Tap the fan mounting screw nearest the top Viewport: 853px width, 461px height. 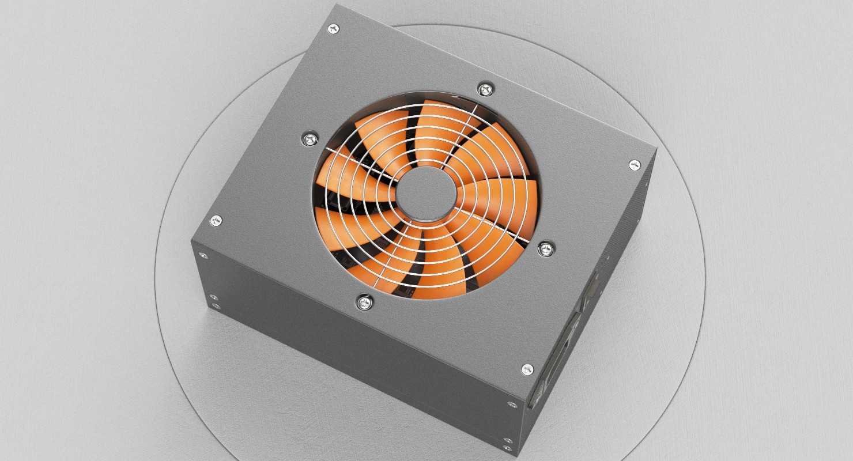click(x=485, y=89)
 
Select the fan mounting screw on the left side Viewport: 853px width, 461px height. click(x=310, y=138)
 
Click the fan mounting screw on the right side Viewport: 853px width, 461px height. click(x=545, y=248)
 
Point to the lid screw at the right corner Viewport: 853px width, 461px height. click(x=634, y=165)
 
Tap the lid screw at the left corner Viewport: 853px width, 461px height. click(x=216, y=220)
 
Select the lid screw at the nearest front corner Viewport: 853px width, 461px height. click(x=527, y=369)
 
